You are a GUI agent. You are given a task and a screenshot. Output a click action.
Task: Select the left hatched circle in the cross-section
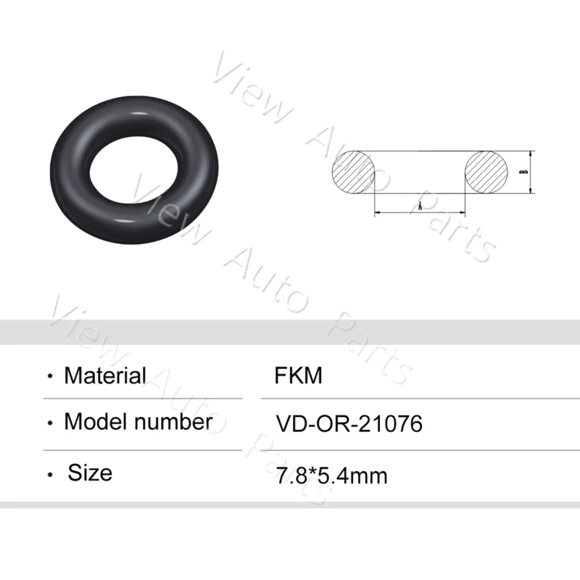point(354,172)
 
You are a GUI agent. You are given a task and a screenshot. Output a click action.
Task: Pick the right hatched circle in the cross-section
point(486,172)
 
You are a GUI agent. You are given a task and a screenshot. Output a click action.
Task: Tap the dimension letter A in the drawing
point(420,206)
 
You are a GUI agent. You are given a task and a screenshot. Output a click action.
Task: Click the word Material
point(105,376)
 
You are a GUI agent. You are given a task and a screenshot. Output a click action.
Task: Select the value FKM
point(298,375)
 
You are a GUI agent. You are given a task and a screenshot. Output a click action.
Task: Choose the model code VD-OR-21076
point(349,423)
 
